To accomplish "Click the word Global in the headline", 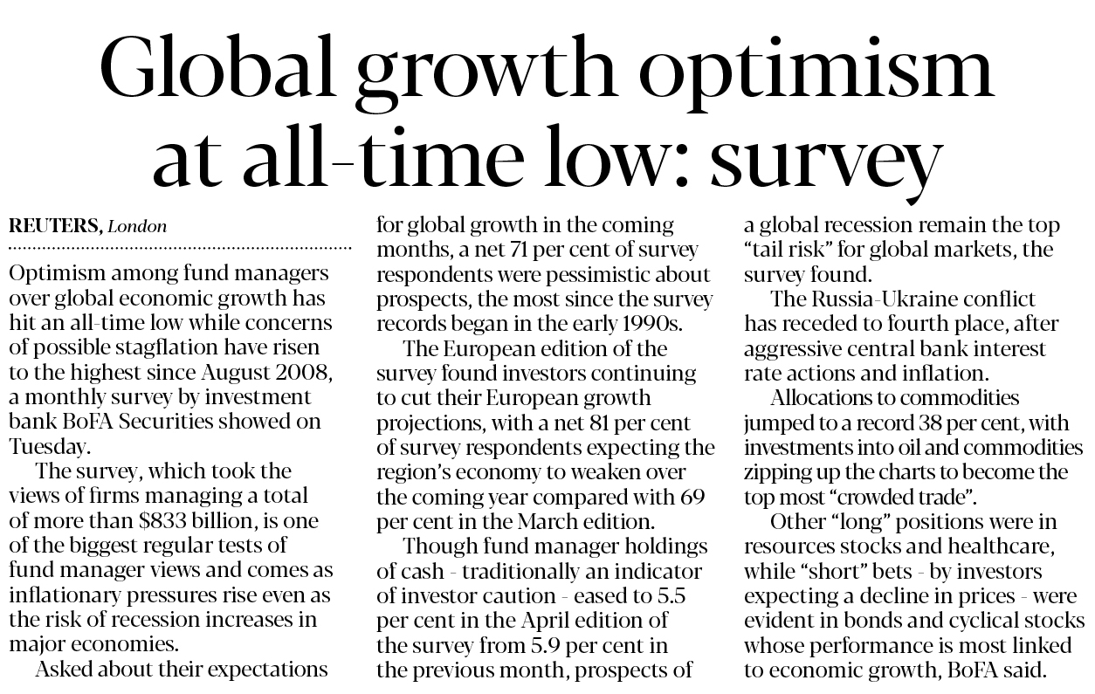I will pyautogui.click(x=224, y=70).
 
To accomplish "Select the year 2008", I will pyautogui.click(x=306, y=372).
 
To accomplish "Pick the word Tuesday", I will pyautogui.click(x=50, y=445).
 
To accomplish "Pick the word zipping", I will pyautogui.click(x=778, y=472).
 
